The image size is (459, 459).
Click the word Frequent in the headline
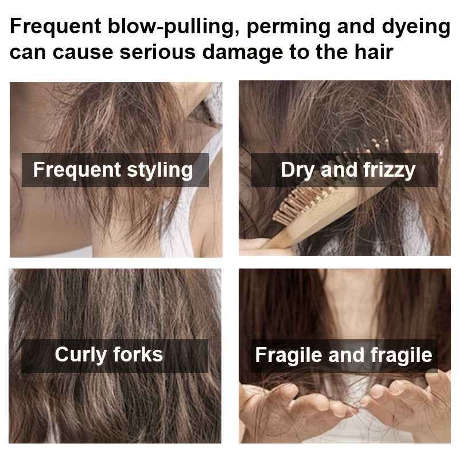pyautogui.click(x=56, y=27)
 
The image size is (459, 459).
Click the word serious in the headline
pyautogui.click(x=157, y=52)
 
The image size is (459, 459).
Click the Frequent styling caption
pyautogui.click(x=113, y=170)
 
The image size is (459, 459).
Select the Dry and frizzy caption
pyautogui.click(x=348, y=170)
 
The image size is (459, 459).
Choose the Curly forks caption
pyautogui.click(x=109, y=355)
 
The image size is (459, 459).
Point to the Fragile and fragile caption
pyautogui.click(x=344, y=355)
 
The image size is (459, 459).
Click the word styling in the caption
pyautogui.click(x=160, y=170)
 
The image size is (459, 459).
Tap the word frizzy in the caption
pyautogui.click(x=390, y=170)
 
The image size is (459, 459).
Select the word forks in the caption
pyautogui.click(x=138, y=354)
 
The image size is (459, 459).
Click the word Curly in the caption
pyautogui.click(x=80, y=355)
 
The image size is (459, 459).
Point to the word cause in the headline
pyautogui.click(x=83, y=52)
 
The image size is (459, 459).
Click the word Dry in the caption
pyautogui.click(x=298, y=170)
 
